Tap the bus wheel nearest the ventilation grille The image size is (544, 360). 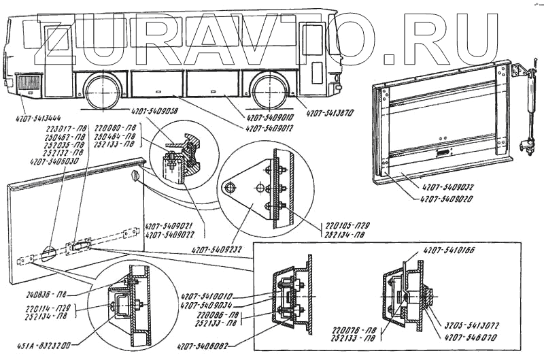[x=104, y=91]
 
